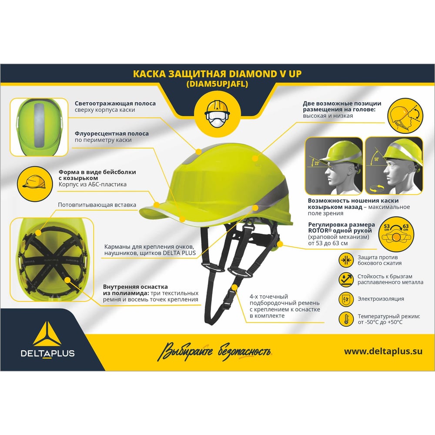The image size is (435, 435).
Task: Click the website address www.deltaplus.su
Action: coord(383,351)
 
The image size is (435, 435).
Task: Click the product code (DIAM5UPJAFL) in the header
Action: coord(217,84)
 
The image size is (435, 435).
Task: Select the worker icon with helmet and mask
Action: coord(217,114)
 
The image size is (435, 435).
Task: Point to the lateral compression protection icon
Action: coord(346,260)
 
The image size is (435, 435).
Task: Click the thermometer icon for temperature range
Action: coord(346,319)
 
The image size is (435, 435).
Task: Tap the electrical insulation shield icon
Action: coord(346,299)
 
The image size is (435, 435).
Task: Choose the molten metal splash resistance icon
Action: coord(346,280)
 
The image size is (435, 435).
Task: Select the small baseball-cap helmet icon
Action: coord(35,184)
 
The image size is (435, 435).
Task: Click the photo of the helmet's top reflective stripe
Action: coord(39,127)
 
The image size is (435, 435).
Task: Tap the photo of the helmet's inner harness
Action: coord(52,260)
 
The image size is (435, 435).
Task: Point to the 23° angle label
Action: coord(317,163)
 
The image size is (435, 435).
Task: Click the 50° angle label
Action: coord(376,159)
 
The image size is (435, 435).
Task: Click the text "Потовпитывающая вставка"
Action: coord(97,205)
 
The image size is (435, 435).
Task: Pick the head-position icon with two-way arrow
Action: coord(405,116)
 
